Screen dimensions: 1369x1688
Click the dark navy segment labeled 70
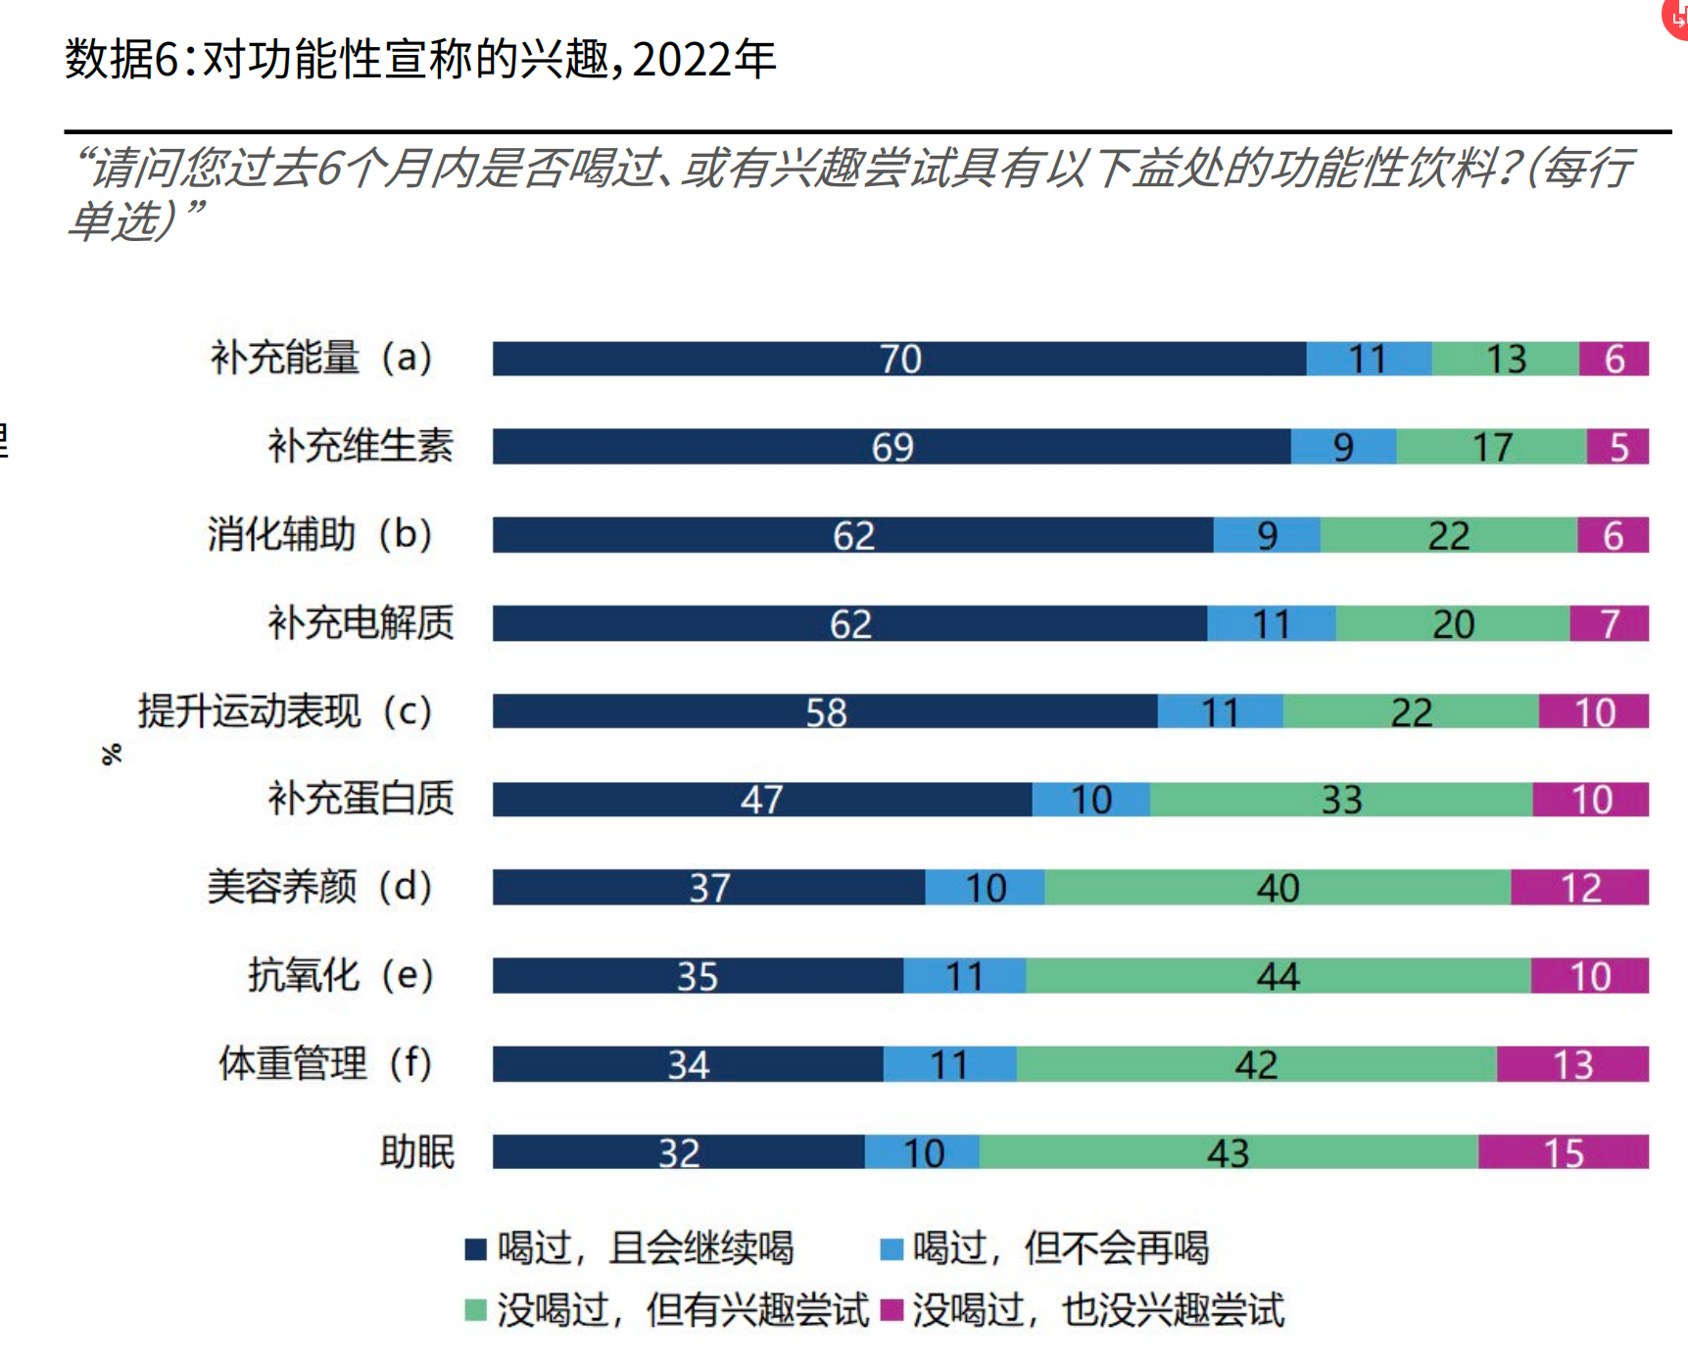[898, 359]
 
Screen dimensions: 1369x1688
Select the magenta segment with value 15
[1563, 1152]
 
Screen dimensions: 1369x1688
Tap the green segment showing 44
[1278, 976]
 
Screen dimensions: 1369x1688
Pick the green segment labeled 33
[1340, 800]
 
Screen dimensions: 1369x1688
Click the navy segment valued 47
[761, 800]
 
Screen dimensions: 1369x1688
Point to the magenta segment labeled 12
[1579, 888]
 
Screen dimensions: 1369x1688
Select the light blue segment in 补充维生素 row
[1343, 447]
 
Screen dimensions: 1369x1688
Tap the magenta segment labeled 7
[1609, 623]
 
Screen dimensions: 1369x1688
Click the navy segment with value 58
[825, 711]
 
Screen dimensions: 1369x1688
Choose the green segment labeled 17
[1491, 447]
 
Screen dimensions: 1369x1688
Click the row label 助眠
[417, 1152]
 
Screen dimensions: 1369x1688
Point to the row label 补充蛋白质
[362, 799]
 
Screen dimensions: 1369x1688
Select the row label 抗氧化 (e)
[340, 976]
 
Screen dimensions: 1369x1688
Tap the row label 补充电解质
[362, 623]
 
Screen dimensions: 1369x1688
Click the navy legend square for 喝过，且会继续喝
[476, 1249]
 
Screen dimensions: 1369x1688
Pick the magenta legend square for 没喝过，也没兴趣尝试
[892, 1310]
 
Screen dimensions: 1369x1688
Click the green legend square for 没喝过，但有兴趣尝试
[476, 1310]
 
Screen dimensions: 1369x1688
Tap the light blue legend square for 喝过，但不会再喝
[892, 1249]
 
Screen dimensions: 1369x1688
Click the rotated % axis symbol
[112, 754]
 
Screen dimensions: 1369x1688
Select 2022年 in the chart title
[704, 59]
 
